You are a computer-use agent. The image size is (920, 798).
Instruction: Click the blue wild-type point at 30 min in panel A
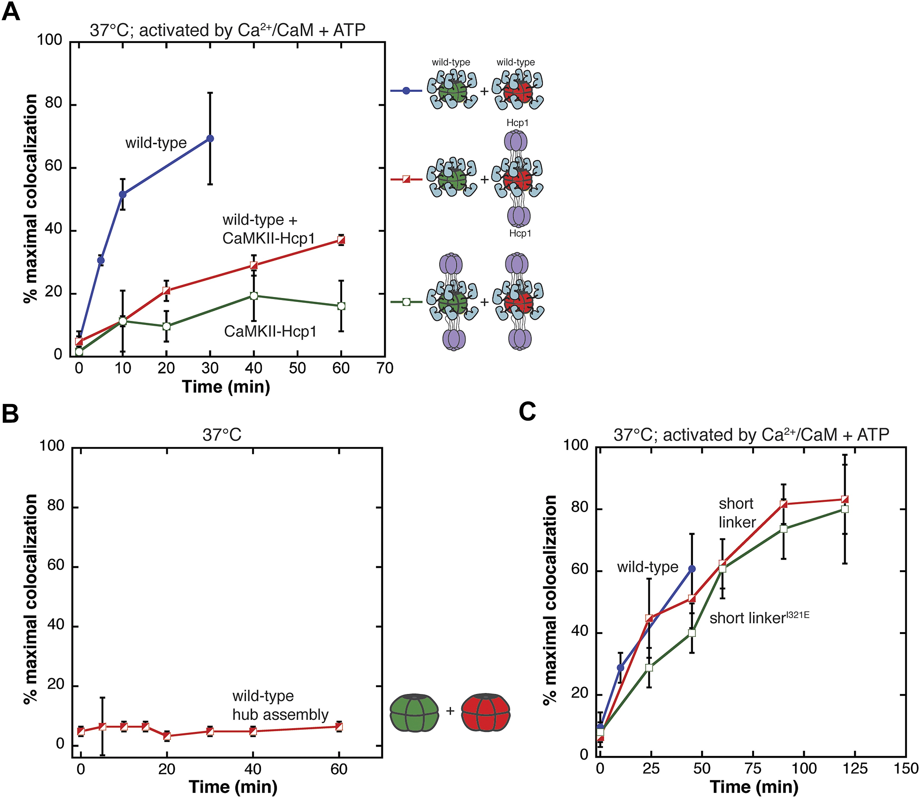point(210,138)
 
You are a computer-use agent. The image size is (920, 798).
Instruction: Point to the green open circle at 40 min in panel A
point(254,296)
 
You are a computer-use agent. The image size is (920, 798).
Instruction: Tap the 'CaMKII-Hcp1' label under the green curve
point(270,331)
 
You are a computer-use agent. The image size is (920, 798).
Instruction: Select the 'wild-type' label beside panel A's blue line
point(156,143)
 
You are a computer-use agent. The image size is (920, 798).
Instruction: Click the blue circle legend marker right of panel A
point(406,91)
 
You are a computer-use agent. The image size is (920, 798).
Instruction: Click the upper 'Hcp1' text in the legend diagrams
point(517,122)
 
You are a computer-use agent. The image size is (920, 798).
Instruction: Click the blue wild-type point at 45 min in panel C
point(692,569)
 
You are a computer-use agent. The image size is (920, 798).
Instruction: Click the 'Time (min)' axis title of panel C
point(754,787)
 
